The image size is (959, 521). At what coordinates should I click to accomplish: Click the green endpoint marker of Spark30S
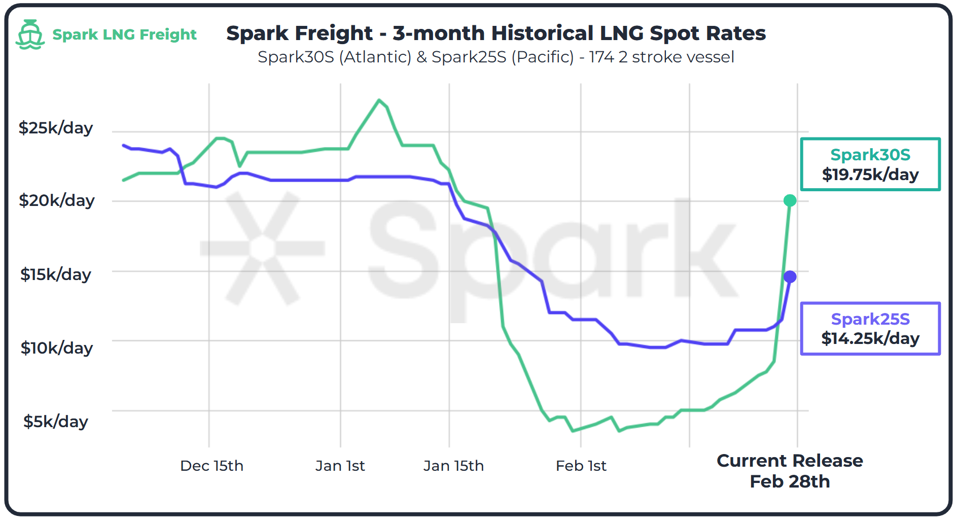pyautogui.click(x=790, y=201)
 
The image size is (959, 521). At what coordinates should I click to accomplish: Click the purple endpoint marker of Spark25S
pyautogui.click(x=790, y=277)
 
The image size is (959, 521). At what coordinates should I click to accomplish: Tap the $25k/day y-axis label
pyautogui.click(x=56, y=128)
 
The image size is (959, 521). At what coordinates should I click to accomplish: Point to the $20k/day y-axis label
pyautogui.click(x=56, y=200)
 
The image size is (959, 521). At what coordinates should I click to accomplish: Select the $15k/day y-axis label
pyautogui.click(x=56, y=274)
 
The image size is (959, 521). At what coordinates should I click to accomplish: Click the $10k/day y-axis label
pyautogui.click(x=56, y=348)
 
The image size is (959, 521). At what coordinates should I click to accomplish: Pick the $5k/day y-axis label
pyautogui.click(x=56, y=422)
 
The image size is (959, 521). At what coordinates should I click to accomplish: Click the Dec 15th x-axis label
pyautogui.click(x=211, y=466)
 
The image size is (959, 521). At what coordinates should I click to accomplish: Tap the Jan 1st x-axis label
pyautogui.click(x=340, y=466)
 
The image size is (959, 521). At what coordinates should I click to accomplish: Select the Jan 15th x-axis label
pyautogui.click(x=453, y=466)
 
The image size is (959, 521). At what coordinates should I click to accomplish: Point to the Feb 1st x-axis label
pyautogui.click(x=581, y=466)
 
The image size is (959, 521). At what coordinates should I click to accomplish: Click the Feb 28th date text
pyautogui.click(x=790, y=481)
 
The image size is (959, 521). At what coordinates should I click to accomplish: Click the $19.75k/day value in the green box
pyautogui.click(x=870, y=175)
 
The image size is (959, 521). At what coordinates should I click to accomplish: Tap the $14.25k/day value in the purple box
pyautogui.click(x=870, y=338)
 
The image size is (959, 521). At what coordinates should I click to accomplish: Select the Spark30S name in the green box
pyautogui.click(x=870, y=155)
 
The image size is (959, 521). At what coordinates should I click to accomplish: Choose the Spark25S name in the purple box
pyautogui.click(x=870, y=319)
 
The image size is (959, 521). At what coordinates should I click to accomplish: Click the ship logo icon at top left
pyautogui.click(x=30, y=34)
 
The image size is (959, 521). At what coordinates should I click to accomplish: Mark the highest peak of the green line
pyautogui.click(x=379, y=100)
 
